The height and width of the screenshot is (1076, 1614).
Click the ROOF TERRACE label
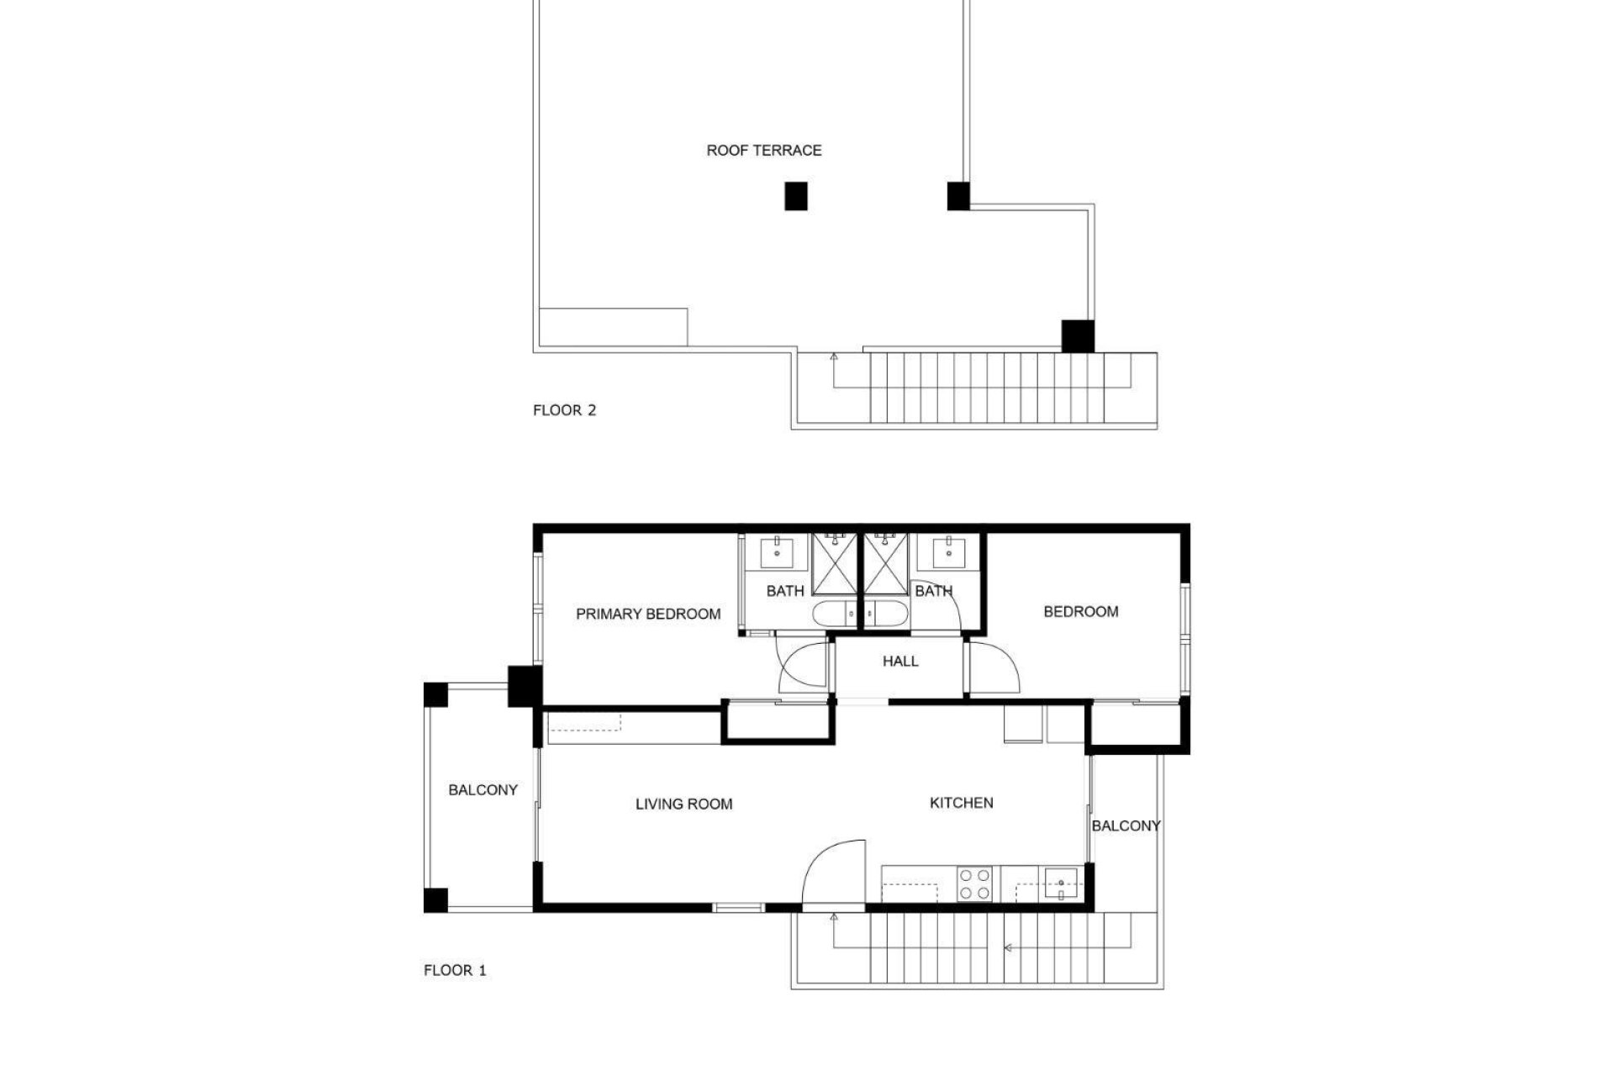tap(763, 150)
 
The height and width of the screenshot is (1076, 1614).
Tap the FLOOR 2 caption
tap(564, 410)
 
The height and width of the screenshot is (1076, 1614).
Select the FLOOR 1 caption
tap(455, 970)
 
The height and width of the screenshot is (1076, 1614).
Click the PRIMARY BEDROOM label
tap(647, 614)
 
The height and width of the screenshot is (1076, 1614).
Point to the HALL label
tap(899, 662)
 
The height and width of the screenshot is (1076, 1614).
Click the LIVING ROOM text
tap(683, 804)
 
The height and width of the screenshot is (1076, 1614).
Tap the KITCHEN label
tap(961, 803)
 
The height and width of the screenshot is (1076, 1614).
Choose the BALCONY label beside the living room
tap(483, 790)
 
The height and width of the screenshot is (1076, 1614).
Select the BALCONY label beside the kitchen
tap(1126, 826)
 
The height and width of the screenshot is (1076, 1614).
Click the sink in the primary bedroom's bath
tap(776, 554)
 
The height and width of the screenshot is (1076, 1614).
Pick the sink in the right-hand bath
tap(949, 554)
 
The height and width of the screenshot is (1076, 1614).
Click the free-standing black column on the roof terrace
tap(796, 196)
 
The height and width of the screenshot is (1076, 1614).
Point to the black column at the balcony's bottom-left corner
tap(435, 900)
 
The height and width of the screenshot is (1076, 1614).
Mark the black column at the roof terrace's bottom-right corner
tap(1077, 336)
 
